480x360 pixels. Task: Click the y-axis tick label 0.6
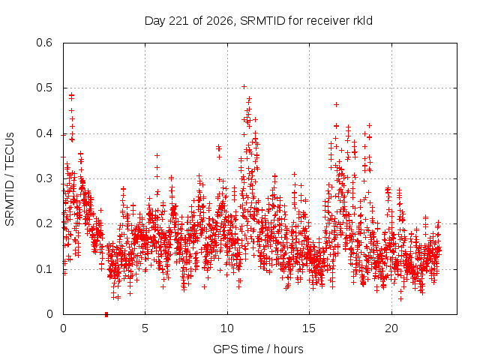click(44, 43)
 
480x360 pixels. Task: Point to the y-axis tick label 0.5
click(44, 88)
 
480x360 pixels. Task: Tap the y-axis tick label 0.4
click(44, 133)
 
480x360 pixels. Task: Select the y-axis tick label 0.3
click(44, 178)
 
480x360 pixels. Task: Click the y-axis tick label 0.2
click(44, 223)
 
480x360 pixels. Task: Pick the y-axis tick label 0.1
click(44, 269)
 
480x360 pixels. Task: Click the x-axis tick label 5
click(145, 328)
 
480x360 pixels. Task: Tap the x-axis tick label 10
click(227, 328)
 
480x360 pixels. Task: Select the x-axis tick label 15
click(309, 328)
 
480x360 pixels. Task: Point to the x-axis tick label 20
click(391, 328)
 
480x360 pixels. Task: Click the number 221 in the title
click(179, 21)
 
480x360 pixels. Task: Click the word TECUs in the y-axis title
click(10, 150)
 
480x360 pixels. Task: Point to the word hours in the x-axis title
click(288, 349)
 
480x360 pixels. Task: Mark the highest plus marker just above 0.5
click(244, 87)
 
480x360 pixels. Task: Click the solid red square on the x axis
click(106, 314)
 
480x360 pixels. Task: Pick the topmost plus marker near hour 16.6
click(336, 105)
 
